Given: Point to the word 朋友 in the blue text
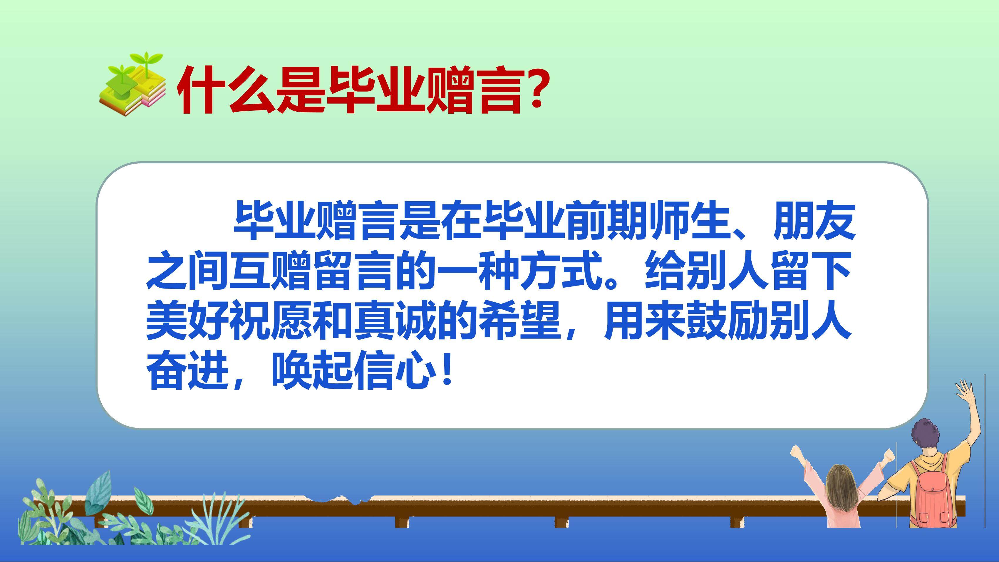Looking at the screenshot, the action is (814, 220).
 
